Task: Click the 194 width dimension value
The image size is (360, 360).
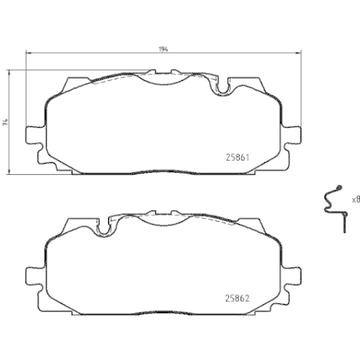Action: click(x=163, y=49)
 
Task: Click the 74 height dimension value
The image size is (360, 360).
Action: click(x=5, y=122)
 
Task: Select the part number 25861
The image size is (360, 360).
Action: click(x=238, y=158)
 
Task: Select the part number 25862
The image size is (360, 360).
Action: click(x=238, y=298)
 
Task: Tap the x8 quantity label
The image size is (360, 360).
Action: click(x=356, y=199)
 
